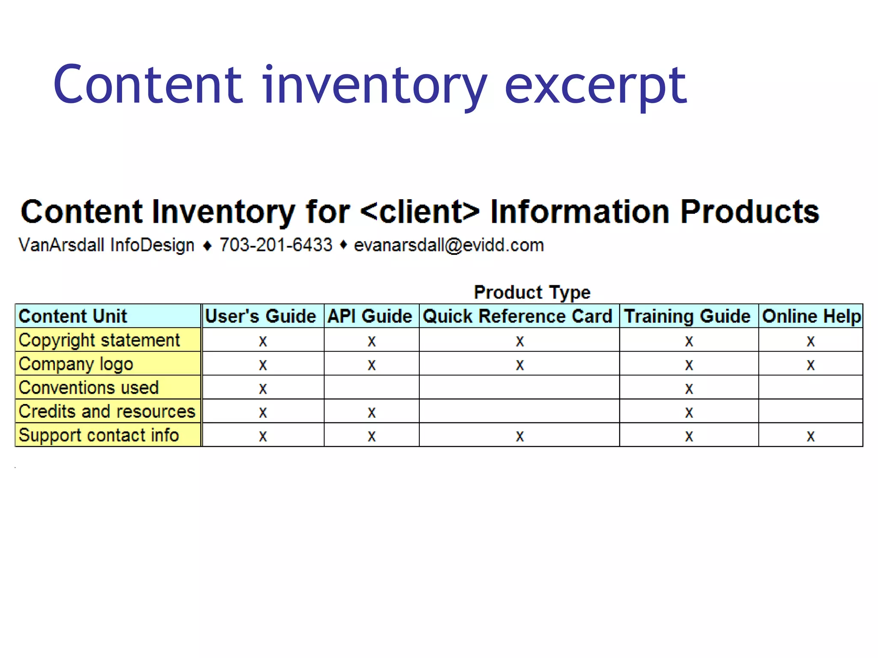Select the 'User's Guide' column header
[261, 316]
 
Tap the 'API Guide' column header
[370, 316]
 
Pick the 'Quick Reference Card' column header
[517, 316]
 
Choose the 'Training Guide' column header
[687, 316]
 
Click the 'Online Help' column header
[811, 316]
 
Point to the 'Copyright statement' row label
[99, 340]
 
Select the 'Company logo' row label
[76, 364]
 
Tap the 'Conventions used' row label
[89, 388]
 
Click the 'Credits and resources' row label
[107, 411]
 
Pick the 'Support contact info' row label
[99, 435]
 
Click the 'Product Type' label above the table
[532, 293]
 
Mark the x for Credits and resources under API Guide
[372, 413]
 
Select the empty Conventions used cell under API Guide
[372, 388]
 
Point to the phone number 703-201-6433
[276, 245]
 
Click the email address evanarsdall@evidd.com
[449, 245]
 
